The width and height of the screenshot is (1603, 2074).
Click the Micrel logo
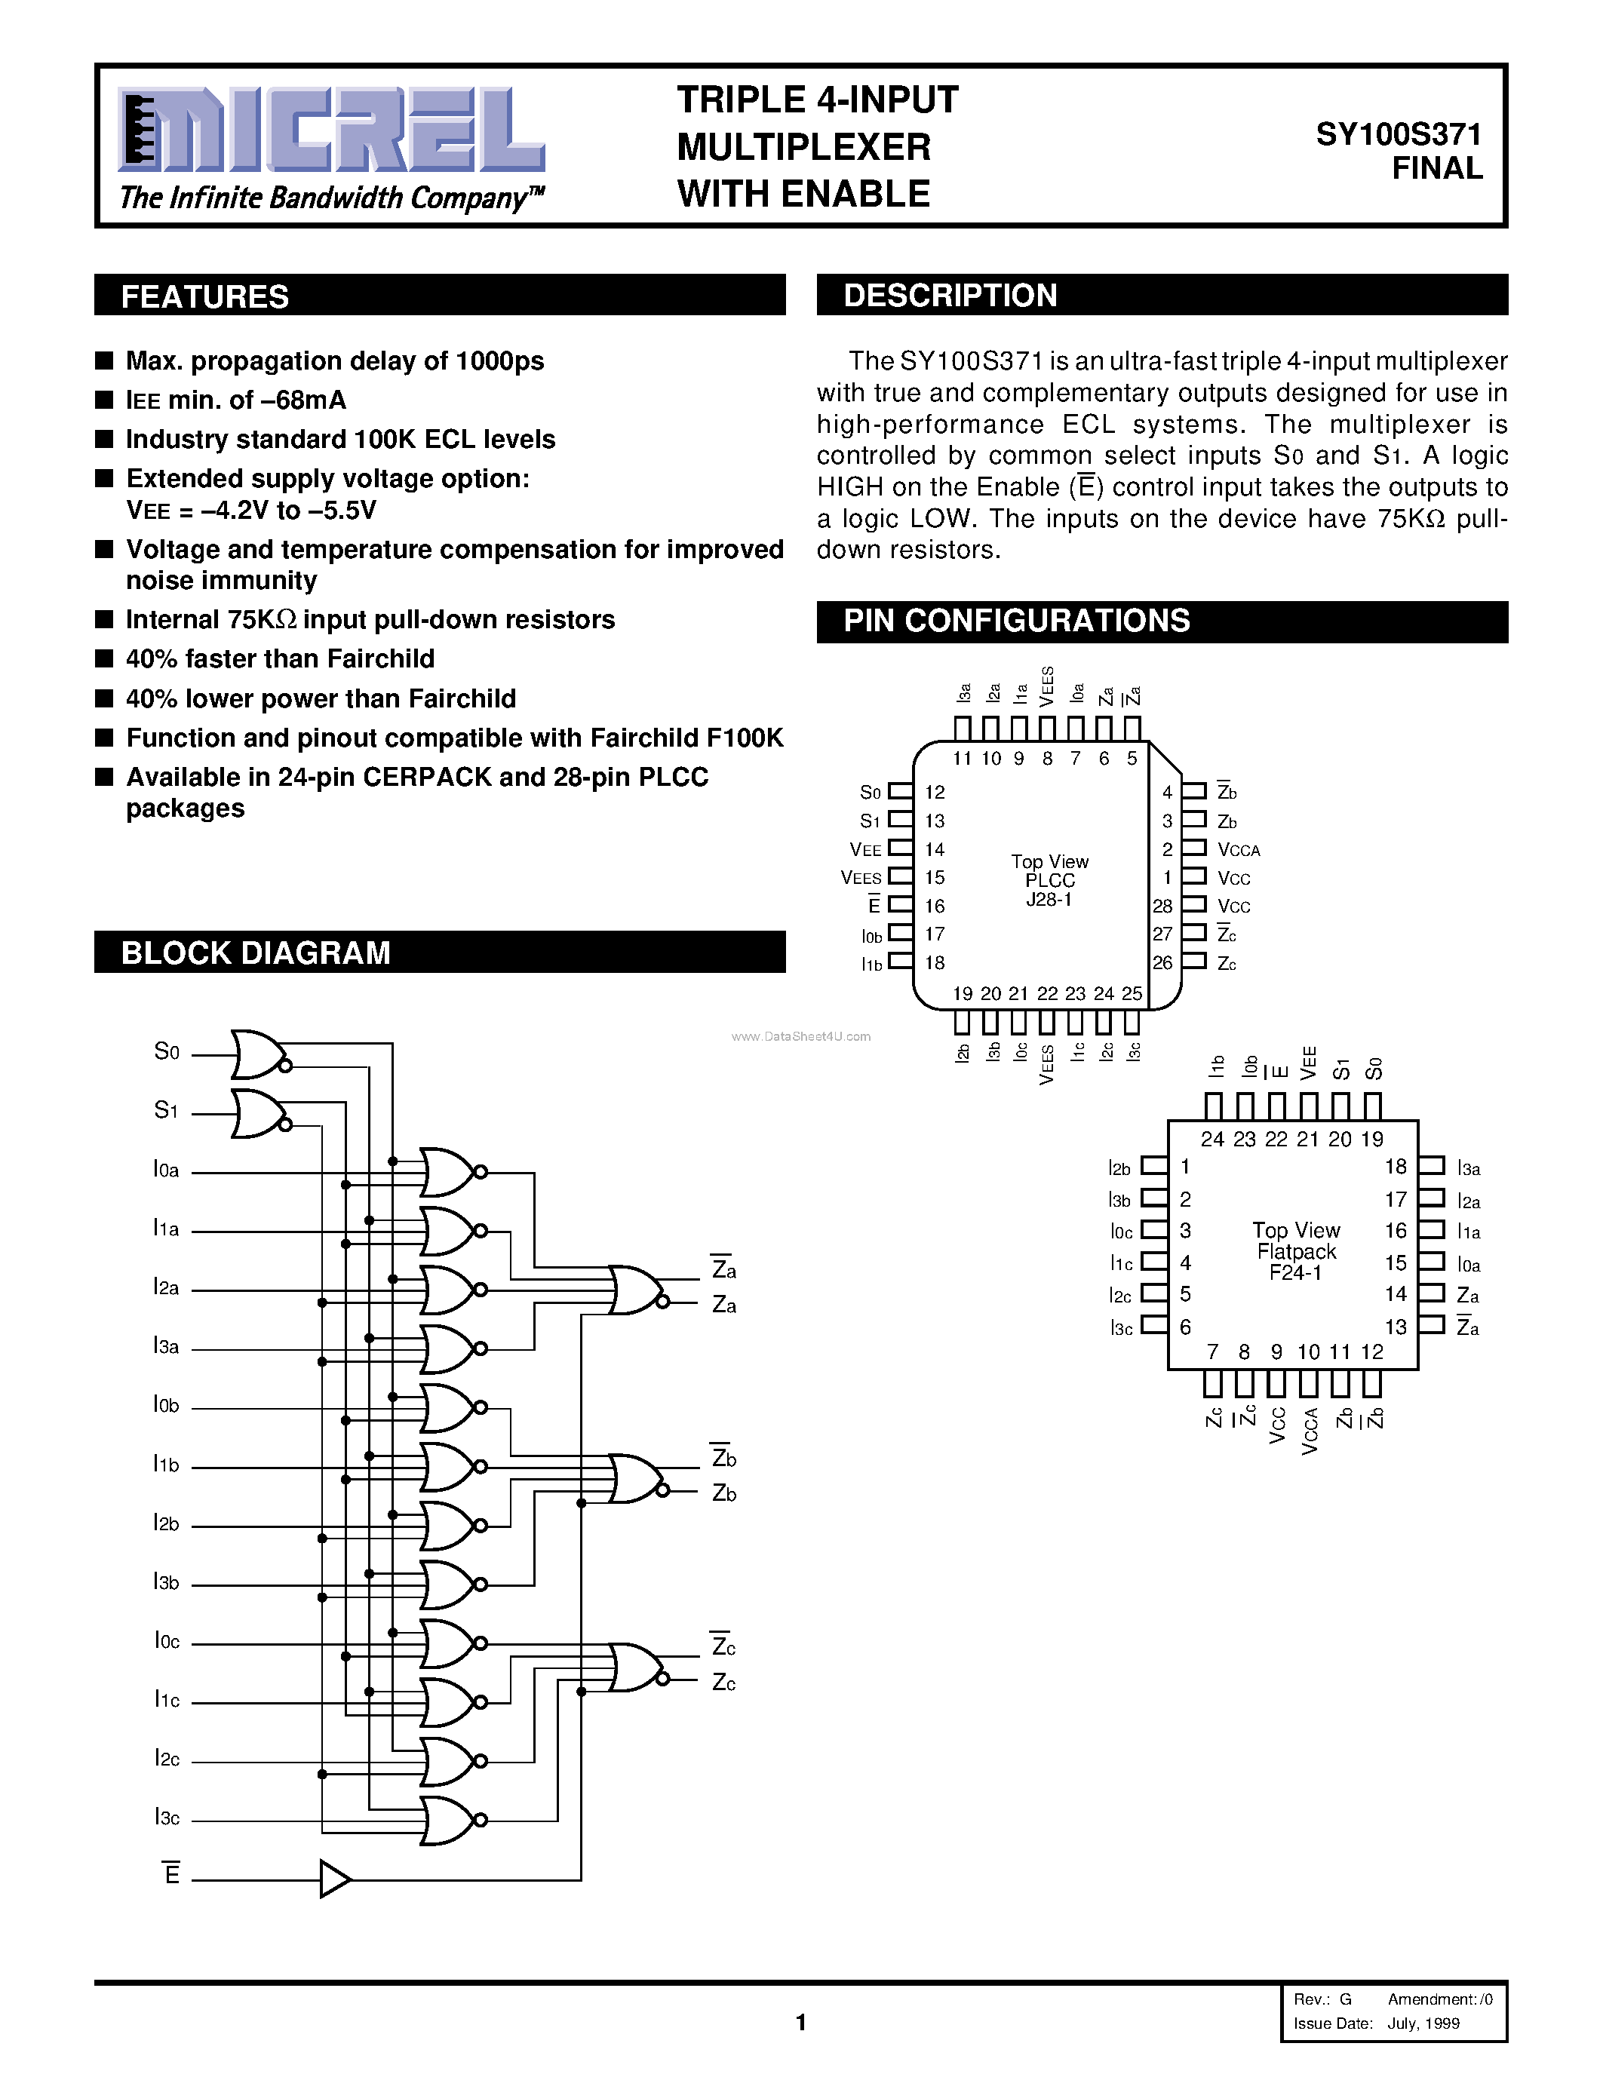tap(330, 130)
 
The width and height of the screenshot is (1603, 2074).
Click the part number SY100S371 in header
tap(1398, 135)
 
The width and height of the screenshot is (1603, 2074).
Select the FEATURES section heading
tap(205, 296)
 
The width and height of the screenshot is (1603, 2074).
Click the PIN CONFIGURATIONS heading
tap(1016, 621)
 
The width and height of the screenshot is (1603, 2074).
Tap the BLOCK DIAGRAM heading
tap(256, 953)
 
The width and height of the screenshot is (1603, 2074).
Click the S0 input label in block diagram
tap(166, 1051)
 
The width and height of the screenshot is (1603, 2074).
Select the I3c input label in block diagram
tap(166, 1818)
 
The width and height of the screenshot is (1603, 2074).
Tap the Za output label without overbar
tap(723, 1305)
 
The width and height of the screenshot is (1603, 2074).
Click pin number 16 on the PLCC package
tap(935, 906)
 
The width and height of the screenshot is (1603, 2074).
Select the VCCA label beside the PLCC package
tap(1239, 850)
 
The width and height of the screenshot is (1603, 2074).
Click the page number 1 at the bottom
tap(800, 2022)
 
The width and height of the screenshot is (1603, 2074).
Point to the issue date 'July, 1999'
tap(1423, 2023)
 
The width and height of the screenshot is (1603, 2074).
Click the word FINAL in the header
tap(1437, 168)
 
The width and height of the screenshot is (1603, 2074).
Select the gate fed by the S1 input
tap(257, 1113)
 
